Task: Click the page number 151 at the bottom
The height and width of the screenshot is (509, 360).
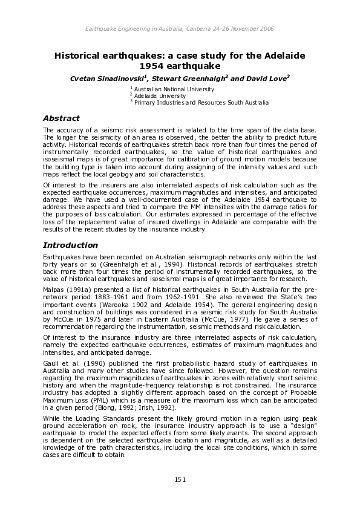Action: [x=180, y=479]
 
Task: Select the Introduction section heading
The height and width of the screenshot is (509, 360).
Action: [x=70, y=245]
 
